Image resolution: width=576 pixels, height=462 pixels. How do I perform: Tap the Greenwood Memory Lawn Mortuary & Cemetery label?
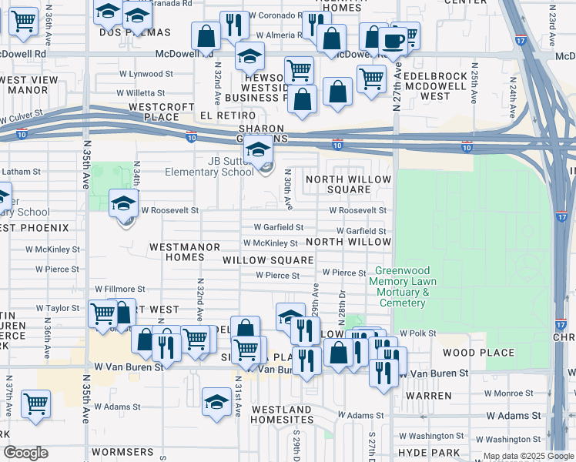403,286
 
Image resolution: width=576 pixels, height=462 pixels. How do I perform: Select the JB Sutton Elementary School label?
209,166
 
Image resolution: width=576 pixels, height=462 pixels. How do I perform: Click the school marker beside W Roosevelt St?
123,204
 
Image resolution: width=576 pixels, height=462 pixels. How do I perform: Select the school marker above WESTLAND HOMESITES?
216,402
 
